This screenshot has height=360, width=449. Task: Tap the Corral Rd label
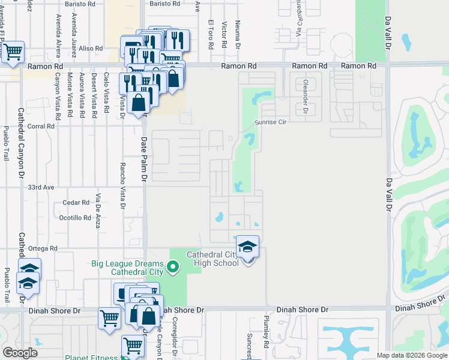point(41,127)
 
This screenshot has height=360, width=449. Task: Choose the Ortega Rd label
point(41,248)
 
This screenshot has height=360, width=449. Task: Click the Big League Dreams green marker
point(173,265)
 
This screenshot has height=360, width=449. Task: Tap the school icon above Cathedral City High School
point(247,247)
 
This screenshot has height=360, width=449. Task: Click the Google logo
point(20,353)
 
